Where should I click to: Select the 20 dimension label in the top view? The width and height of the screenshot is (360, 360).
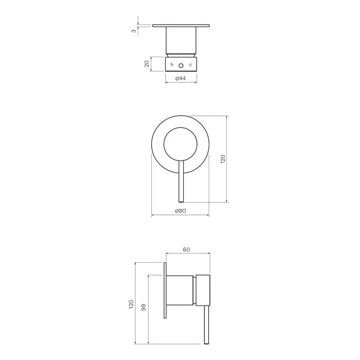(147, 64)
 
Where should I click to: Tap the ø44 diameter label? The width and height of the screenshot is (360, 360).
(180, 78)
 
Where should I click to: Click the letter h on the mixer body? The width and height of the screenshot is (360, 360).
(172, 64)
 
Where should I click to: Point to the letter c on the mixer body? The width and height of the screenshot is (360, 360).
(190, 64)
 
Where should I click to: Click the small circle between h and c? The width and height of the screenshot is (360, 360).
(181, 65)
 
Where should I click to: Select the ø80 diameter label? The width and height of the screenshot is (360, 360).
(180, 211)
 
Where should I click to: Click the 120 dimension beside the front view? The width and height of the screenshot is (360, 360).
(222, 159)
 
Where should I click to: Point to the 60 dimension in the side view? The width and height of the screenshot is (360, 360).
(187, 249)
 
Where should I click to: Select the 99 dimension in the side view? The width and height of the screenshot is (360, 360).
(145, 307)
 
